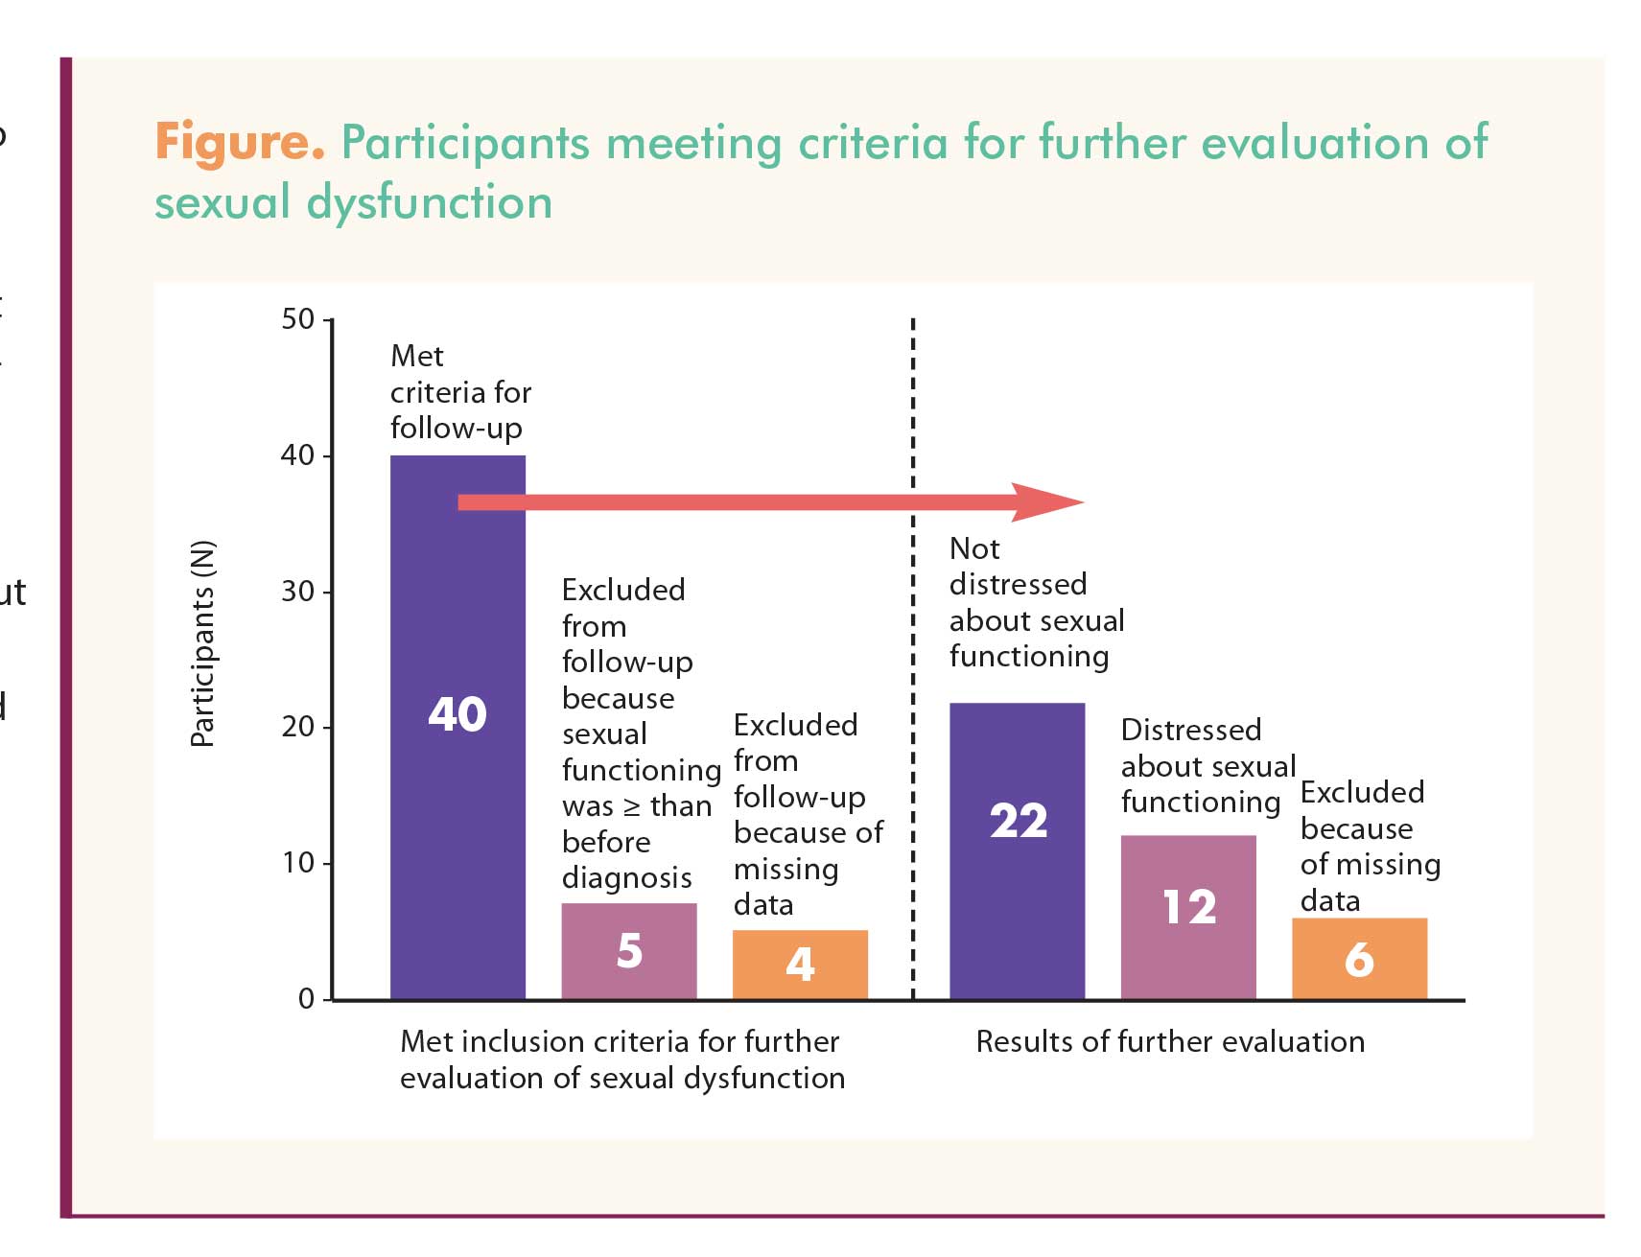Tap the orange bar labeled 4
(800, 965)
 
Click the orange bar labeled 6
(1359, 959)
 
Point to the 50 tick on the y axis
(298, 319)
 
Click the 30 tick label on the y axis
(298, 592)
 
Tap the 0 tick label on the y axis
(307, 999)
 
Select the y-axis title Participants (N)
(203, 644)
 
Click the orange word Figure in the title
(240, 142)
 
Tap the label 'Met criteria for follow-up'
(459, 392)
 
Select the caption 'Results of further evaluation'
(1170, 1041)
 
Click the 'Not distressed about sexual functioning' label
(1036, 602)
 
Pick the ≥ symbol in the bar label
(632, 806)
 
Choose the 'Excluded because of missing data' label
(1370, 847)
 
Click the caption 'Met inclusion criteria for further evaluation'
(621, 1059)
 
